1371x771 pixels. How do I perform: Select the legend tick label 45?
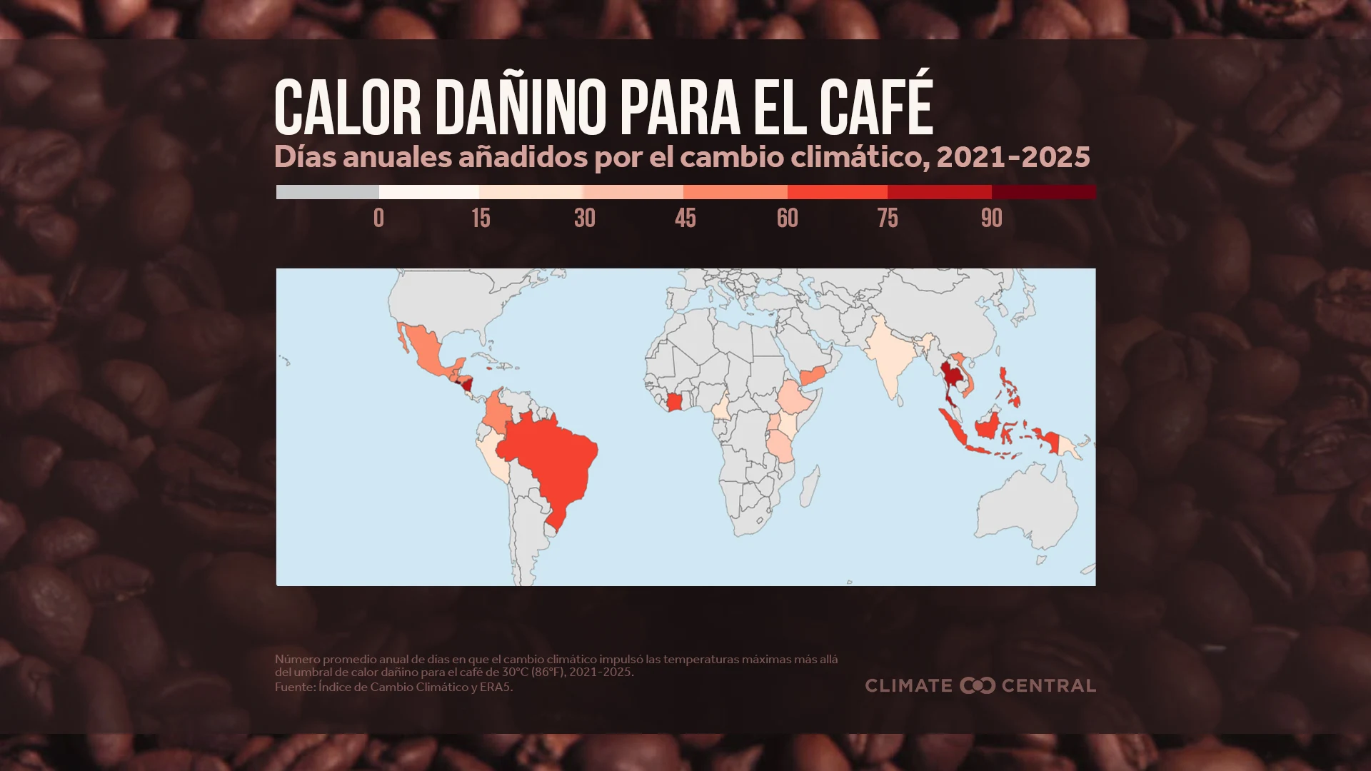tap(685, 218)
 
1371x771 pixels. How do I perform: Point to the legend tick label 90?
tap(991, 218)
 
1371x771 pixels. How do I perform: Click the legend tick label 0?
tap(378, 218)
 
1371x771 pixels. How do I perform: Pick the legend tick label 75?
tap(888, 218)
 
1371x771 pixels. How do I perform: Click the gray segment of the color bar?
tap(327, 192)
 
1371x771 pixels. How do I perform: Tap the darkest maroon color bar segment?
tap(1043, 192)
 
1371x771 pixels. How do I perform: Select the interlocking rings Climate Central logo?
tap(977, 685)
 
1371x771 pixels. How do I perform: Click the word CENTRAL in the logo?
tap(1048, 685)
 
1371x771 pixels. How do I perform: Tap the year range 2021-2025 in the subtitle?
tap(1013, 157)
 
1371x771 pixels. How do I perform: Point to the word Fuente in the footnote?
tap(293, 687)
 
